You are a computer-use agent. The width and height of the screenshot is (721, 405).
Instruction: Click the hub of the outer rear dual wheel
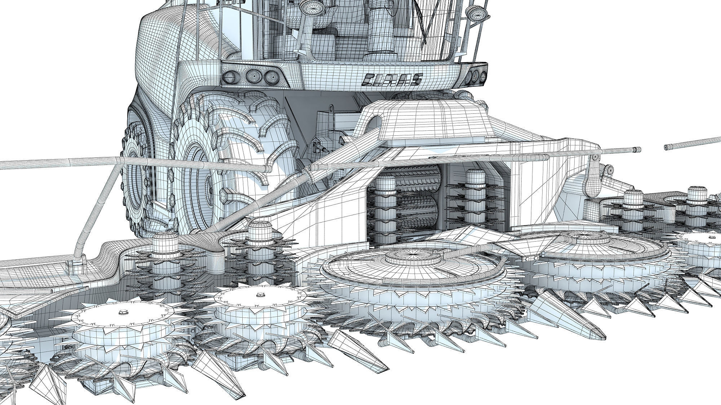tap(139, 180)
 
